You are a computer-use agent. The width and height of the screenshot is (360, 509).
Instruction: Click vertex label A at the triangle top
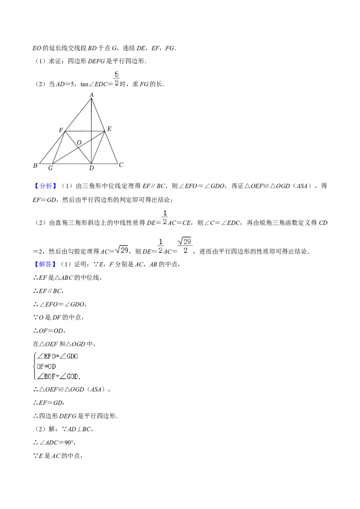92,95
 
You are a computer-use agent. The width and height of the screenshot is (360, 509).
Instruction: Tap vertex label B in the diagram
35,165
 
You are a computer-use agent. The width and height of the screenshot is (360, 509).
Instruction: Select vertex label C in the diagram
121,165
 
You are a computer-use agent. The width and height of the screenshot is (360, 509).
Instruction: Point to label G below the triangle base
50,168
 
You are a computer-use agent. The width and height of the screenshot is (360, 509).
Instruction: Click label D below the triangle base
91,168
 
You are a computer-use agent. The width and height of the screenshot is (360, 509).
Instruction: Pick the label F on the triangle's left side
61,130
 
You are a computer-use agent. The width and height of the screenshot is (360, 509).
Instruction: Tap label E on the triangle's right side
109,129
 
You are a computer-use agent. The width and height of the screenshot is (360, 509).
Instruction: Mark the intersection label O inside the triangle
79,143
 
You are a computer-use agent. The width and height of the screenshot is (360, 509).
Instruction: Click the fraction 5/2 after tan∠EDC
117,79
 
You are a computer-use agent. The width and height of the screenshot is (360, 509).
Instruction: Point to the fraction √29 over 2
185,246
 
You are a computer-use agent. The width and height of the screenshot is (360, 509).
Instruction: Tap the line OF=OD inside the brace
46,366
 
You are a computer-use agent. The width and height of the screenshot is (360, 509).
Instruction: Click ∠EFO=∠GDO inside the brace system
58,357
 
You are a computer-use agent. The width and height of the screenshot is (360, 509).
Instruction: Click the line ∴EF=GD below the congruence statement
49,403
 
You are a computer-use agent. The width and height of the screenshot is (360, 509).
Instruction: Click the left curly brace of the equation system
35,366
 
